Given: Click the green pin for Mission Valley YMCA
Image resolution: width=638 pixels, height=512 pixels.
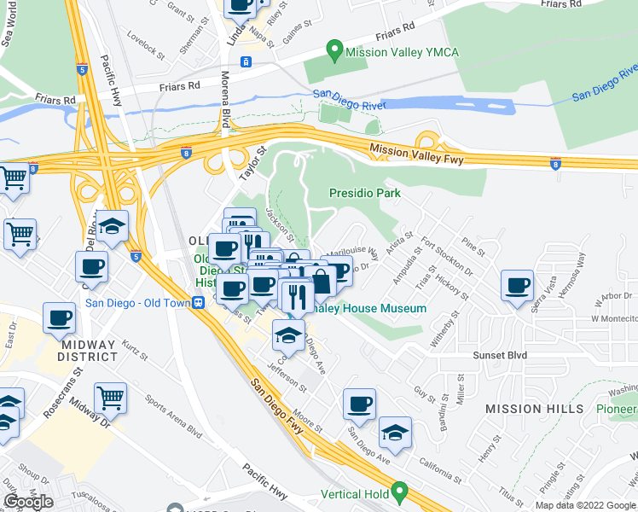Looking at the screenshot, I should click(335, 50).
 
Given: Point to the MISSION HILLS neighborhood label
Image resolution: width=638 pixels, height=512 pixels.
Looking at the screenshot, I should click(534, 409).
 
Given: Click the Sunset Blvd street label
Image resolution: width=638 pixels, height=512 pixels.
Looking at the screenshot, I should click(502, 355).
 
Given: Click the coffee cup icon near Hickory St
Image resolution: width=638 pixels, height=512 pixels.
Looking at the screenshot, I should click(517, 285).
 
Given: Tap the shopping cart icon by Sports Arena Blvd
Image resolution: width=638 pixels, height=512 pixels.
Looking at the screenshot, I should click(111, 396).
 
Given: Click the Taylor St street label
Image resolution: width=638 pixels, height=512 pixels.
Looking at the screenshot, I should click(248, 160).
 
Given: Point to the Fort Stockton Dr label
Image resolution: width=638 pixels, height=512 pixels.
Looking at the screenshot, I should click(444, 253).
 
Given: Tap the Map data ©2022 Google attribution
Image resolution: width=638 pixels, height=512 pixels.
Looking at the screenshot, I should click(585, 505).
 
